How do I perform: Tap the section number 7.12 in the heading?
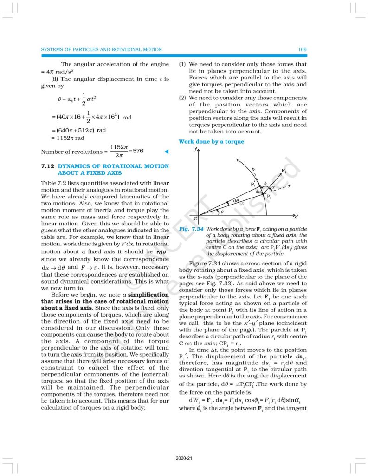point(49,166)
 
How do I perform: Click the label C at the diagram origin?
point(195,218)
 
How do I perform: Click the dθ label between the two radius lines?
point(236,200)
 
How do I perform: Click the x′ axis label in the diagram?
point(295,217)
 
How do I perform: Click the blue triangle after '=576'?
point(167,152)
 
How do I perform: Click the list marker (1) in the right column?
point(182,64)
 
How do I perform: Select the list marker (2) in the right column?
point(182,98)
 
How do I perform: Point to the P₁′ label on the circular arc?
point(253,183)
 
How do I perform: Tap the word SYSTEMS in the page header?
point(53,49)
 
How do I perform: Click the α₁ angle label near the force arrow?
point(274,187)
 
